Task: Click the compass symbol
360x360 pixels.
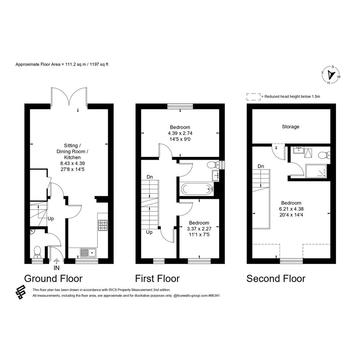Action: pyautogui.click(x=331, y=75)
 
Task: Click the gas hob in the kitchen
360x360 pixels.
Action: pyautogui.click(x=103, y=225)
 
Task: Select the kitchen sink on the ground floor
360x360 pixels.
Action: pyautogui.click(x=88, y=253)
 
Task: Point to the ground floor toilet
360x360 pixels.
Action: pyautogui.click(x=37, y=252)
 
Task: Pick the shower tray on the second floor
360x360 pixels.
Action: pyautogui.click(x=316, y=171)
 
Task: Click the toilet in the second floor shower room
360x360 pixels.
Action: pyautogui.click(x=324, y=155)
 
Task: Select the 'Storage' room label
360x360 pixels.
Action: pyautogui.click(x=290, y=126)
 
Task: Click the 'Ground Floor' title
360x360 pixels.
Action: pyautogui.click(x=53, y=278)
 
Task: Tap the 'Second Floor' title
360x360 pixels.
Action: pyautogui.click(x=276, y=278)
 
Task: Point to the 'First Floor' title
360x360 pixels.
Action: pyautogui.click(x=157, y=278)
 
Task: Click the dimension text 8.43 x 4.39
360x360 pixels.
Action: pyautogui.click(x=72, y=163)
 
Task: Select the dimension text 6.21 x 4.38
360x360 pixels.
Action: pyautogui.click(x=291, y=209)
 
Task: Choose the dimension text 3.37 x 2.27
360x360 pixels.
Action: pyautogui.click(x=199, y=229)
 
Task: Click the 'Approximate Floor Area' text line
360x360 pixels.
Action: pyautogui.click(x=62, y=64)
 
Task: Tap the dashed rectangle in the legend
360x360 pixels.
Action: pyautogui.click(x=253, y=97)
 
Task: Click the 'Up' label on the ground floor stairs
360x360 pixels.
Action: pyautogui.click(x=51, y=219)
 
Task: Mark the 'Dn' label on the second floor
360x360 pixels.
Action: pyautogui.click(x=261, y=166)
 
